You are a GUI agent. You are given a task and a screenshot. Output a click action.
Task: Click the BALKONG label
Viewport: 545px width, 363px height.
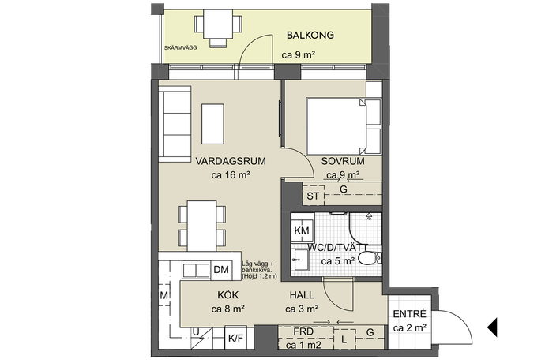(x=310, y=35)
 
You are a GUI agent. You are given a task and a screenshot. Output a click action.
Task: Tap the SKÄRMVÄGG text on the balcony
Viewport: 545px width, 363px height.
(x=180, y=47)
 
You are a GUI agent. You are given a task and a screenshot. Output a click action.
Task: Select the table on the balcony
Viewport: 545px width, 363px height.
(x=218, y=24)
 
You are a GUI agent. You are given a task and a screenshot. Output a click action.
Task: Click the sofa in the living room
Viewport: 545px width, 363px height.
(x=175, y=124)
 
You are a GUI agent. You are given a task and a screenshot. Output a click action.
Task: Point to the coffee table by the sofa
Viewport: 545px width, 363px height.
(x=212, y=124)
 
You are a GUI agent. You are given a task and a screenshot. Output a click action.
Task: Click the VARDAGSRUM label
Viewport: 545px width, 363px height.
(x=231, y=161)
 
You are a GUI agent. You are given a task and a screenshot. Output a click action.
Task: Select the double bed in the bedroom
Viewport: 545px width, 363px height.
(x=336, y=126)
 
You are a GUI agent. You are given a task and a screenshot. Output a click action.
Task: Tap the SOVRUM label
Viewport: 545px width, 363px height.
(x=343, y=161)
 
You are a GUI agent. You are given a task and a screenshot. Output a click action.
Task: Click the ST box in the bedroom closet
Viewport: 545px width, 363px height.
(x=313, y=196)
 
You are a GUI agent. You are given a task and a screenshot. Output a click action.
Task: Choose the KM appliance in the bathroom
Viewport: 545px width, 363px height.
(x=302, y=230)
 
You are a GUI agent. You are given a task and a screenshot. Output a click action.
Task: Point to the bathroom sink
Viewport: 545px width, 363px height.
(x=299, y=260)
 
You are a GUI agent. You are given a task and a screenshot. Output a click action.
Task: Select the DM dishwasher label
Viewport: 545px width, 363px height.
(x=221, y=270)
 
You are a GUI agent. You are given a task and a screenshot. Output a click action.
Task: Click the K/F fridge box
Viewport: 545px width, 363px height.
(x=235, y=337)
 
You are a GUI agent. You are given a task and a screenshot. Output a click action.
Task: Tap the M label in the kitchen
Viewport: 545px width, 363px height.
(x=164, y=295)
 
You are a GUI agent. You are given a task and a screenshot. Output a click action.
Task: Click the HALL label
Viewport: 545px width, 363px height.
(x=302, y=295)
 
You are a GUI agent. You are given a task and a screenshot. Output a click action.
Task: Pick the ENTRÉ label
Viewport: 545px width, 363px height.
(x=409, y=314)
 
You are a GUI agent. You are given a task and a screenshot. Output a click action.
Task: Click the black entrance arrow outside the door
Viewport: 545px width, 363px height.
(x=492, y=327)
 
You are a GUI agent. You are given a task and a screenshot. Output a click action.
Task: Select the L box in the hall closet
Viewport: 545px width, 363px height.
(x=344, y=339)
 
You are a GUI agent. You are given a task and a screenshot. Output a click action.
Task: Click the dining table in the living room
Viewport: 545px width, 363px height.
(x=202, y=226)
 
